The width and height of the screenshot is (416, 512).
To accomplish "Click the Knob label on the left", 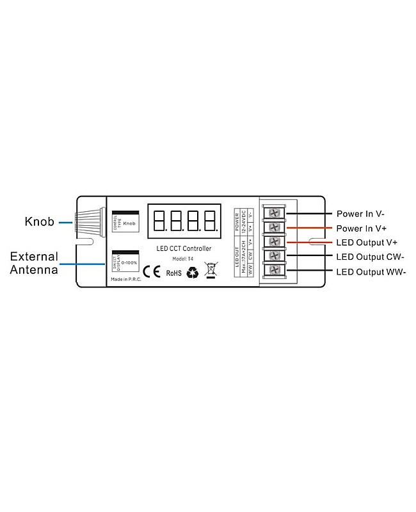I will (x=39, y=222).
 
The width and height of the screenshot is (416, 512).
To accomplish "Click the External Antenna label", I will (x=34, y=263).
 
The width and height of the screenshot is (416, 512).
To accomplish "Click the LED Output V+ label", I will (x=366, y=243).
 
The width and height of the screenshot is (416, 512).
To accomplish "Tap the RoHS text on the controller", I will (x=174, y=273).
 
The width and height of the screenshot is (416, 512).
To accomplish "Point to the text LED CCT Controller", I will (x=184, y=248).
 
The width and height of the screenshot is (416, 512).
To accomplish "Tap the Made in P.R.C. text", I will (x=125, y=279).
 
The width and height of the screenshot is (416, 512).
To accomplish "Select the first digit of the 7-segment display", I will (x=159, y=220).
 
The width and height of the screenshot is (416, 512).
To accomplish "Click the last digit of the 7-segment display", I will (x=209, y=220).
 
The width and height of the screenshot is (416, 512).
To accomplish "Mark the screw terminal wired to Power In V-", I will (x=275, y=213).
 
